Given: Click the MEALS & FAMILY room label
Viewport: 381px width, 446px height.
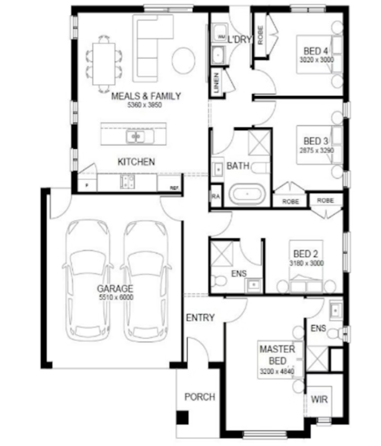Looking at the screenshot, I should pos(146,96).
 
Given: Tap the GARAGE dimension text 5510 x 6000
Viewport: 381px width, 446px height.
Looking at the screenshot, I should pos(116,297).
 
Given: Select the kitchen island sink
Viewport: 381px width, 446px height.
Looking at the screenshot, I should pos(136,136).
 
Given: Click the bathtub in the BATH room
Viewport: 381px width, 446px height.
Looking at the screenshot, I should pos(247,194).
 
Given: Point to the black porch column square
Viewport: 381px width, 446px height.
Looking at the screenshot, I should pos(182,417).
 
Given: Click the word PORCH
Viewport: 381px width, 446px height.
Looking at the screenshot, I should pos(200,397).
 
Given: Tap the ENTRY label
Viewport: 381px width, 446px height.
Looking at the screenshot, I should pos(200,318).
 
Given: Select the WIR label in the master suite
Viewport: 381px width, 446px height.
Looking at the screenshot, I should pos(319,399).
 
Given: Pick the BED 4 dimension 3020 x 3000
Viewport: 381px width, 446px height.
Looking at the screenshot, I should pos(316,60).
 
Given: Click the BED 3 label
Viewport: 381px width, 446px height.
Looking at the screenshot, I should pos(316,141).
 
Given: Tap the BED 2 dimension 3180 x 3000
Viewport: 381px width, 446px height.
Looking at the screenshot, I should pos(306,263).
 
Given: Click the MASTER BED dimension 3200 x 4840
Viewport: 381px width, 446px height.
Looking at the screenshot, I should pos(277,371).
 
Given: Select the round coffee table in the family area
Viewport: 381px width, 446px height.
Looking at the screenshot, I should pos(184,60).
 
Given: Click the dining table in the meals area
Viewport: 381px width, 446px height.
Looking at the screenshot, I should pos(104,64).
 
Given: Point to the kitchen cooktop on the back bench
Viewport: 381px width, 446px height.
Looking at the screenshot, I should pos(127,182).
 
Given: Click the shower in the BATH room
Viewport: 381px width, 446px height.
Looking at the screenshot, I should pos(259,142).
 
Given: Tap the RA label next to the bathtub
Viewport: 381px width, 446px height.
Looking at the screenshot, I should pos(216,197).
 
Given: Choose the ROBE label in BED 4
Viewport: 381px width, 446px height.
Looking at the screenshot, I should pos(261,35).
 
